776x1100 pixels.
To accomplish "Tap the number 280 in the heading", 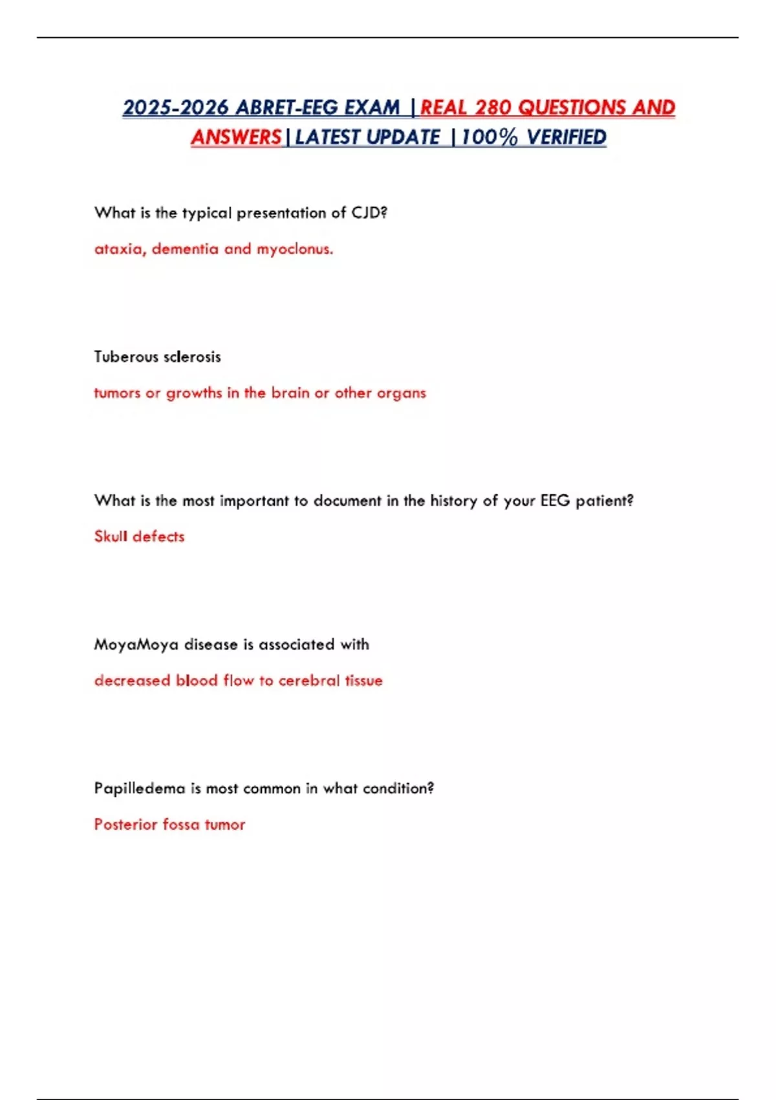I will pyautogui.click(x=493, y=107).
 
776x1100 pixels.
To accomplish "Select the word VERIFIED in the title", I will pyautogui.click(x=566, y=137).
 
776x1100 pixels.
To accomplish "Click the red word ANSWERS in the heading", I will pyautogui.click(x=236, y=137).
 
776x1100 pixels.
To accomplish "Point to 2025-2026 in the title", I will pyautogui.click(x=176, y=107).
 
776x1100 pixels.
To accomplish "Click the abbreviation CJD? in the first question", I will pyautogui.click(x=369, y=213).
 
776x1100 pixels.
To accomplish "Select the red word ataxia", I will pyautogui.click(x=120, y=249).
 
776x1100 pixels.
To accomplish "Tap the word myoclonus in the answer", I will pyautogui.click(x=294, y=249).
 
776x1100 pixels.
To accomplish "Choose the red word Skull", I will pyautogui.click(x=111, y=536).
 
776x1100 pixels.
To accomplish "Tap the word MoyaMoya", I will pyautogui.click(x=136, y=644).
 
